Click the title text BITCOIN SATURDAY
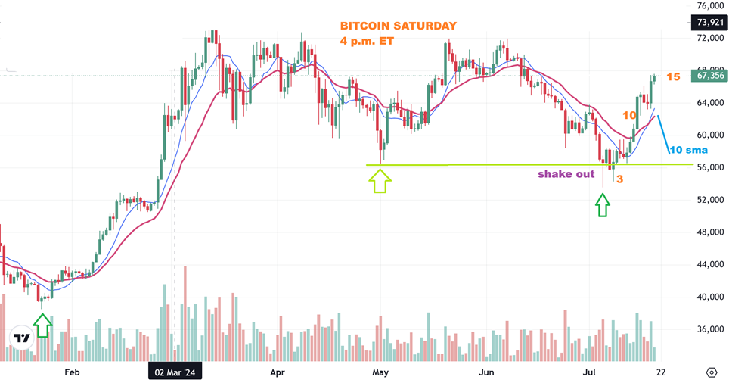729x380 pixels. tap(399, 26)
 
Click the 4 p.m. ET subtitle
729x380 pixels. tap(365, 42)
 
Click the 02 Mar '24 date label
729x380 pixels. tap(175, 372)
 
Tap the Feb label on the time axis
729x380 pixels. tap(72, 372)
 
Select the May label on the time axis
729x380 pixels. tap(380, 372)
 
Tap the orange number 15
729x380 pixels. tap(673, 77)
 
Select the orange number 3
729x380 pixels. tap(619, 179)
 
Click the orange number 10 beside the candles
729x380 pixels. tap(629, 115)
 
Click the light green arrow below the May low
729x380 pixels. tap(380, 181)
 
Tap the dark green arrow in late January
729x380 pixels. tap(42, 325)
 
